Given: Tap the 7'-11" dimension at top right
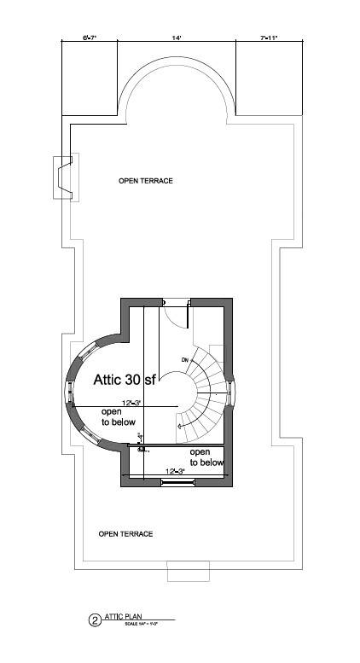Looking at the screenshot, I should [269, 38].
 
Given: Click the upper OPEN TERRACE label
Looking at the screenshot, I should [146, 181].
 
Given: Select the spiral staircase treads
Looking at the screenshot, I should [207, 388].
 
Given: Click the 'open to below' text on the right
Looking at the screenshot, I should [206, 457].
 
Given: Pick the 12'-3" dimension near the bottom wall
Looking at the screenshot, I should [175, 471].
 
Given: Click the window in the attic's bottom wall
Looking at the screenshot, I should [177, 483].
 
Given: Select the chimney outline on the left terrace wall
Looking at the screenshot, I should [63, 177].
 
